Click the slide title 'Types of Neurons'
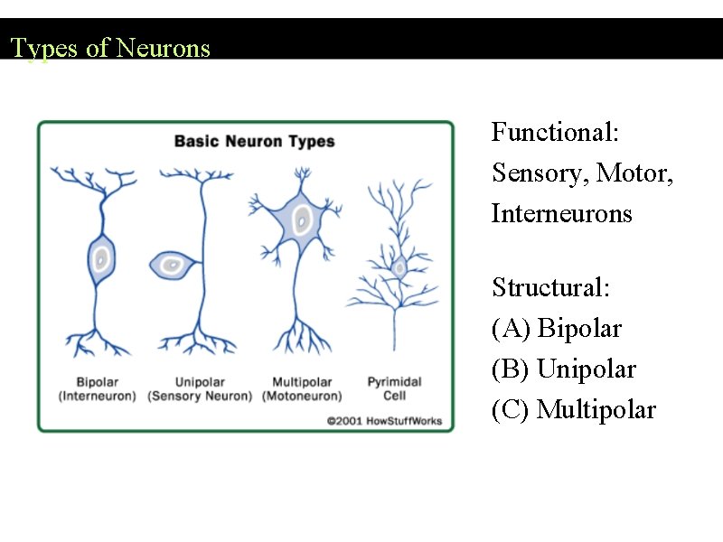click(x=110, y=48)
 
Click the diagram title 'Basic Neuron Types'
click(x=254, y=141)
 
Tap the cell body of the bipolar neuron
click(x=101, y=259)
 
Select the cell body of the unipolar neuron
click(x=171, y=265)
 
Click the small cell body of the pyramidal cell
click(x=399, y=266)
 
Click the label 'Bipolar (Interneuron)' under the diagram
click(x=98, y=389)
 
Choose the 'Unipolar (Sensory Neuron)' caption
click(x=200, y=389)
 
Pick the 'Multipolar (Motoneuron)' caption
click(x=302, y=389)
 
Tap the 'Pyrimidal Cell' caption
click(x=394, y=389)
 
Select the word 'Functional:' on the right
click(x=555, y=133)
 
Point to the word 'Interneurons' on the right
click(x=561, y=214)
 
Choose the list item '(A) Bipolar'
click(x=556, y=329)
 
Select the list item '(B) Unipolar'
click(x=563, y=369)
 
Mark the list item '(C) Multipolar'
click(x=573, y=410)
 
